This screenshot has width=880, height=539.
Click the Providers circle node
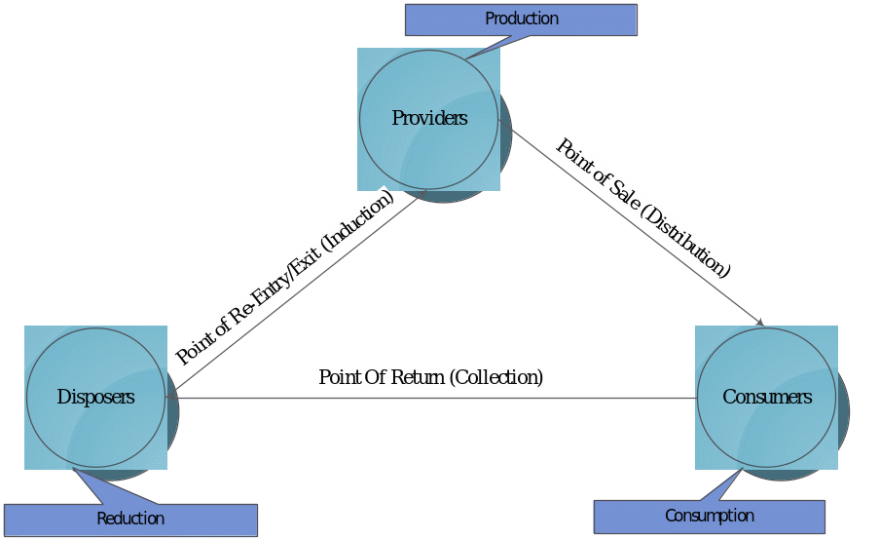[x=428, y=146]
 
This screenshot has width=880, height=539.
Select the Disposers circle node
[x=95, y=429]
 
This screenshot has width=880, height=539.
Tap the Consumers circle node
[x=766, y=429]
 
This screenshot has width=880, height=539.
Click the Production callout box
[x=521, y=19]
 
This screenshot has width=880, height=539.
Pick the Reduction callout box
[x=130, y=520]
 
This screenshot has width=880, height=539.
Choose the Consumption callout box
[x=710, y=517]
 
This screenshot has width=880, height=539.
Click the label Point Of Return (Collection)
[x=430, y=377]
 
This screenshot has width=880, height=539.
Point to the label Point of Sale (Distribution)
[x=642, y=208]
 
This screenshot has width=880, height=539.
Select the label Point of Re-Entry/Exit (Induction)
[x=286, y=277]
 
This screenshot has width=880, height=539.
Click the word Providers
[x=429, y=119]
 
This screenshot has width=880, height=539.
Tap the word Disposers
[x=95, y=398]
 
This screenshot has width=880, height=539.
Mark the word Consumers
[x=766, y=398]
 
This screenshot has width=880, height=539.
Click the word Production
[x=522, y=19]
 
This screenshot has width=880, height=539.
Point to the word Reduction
[x=130, y=520]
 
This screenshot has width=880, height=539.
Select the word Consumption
[x=710, y=516]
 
